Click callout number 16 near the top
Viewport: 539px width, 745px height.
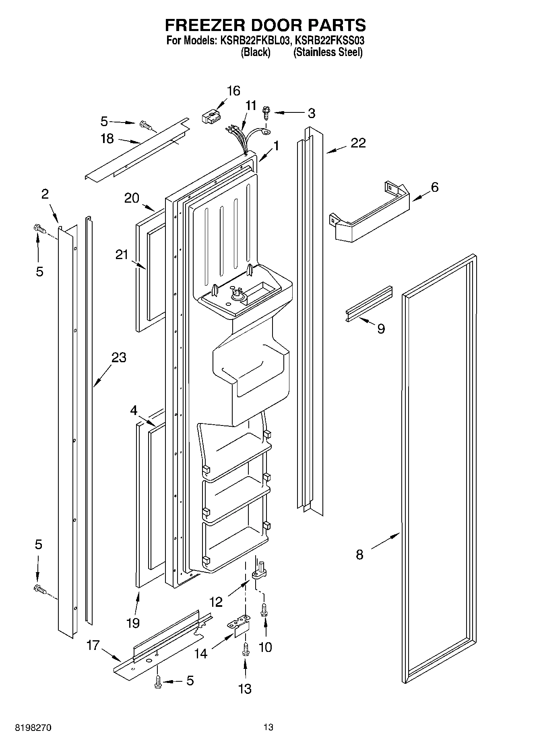[x=233, y=91]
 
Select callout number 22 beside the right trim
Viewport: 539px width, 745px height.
[x=357, y=143]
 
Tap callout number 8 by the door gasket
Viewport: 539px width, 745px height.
[x=359, y=554]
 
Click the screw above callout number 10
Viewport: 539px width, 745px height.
[x=265, y=609]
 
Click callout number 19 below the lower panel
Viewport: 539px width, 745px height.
[x=133, y=623]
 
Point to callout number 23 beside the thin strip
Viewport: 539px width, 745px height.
[x=119, y=358]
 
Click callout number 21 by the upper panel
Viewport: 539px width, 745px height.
[x=122, y=255]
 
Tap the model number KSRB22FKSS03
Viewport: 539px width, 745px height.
[x=330, y=41]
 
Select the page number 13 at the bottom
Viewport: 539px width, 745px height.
[x=268, y=727]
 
